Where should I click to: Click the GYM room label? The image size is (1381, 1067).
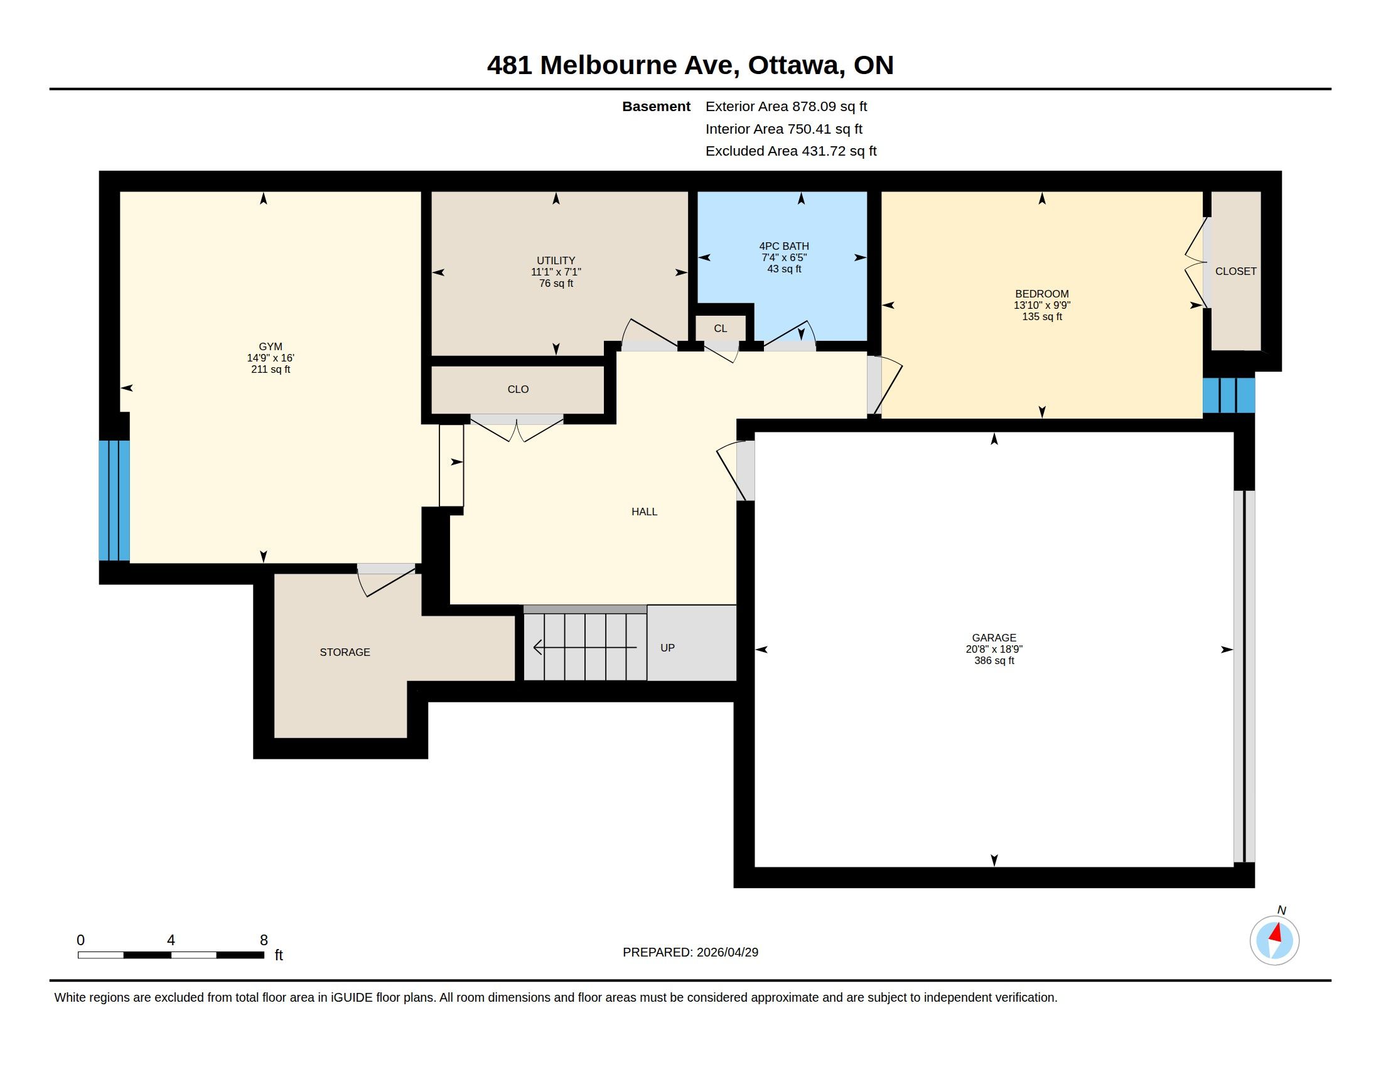click(x=270, y=346)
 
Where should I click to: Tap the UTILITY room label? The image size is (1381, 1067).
click(x=556, y=260)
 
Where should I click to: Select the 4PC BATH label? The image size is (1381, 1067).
click(x=784, y=246)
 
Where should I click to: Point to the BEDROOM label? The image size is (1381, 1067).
click(x=1041, y=294)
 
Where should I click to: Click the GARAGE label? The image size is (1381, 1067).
click(x=994, y=638)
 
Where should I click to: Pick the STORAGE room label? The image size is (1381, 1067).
click(x=345, y=652)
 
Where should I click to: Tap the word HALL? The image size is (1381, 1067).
click(x=644, y=512)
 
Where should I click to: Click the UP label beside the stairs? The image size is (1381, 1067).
click(x=667, y=648)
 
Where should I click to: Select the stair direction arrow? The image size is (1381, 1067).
click(x=586, y=647)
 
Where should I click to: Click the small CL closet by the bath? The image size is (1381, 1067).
click(x=720, y=329)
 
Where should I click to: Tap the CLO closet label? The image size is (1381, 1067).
click(x=518, y=389)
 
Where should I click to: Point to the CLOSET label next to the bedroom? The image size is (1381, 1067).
click(x=1235, y=271)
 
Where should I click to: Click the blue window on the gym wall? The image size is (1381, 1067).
click(x=114, y=501)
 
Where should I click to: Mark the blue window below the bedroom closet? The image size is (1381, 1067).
click(x=1228, y=395)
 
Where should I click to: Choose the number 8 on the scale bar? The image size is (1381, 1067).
click(x=264, y=940)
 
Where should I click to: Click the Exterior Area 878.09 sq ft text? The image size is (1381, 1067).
click(x=786, y=106)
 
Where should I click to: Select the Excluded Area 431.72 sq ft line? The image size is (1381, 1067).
click(x=791, y=151)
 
